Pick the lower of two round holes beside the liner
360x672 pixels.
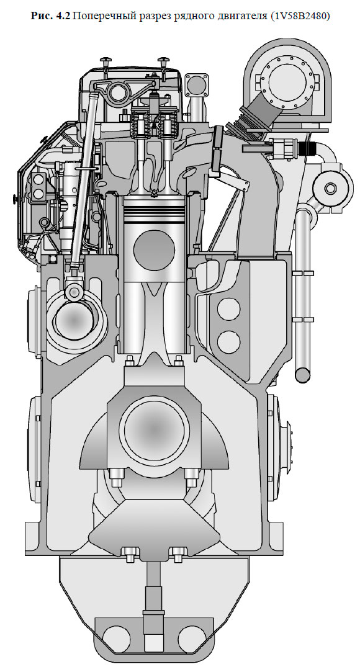(x=228, y=342)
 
